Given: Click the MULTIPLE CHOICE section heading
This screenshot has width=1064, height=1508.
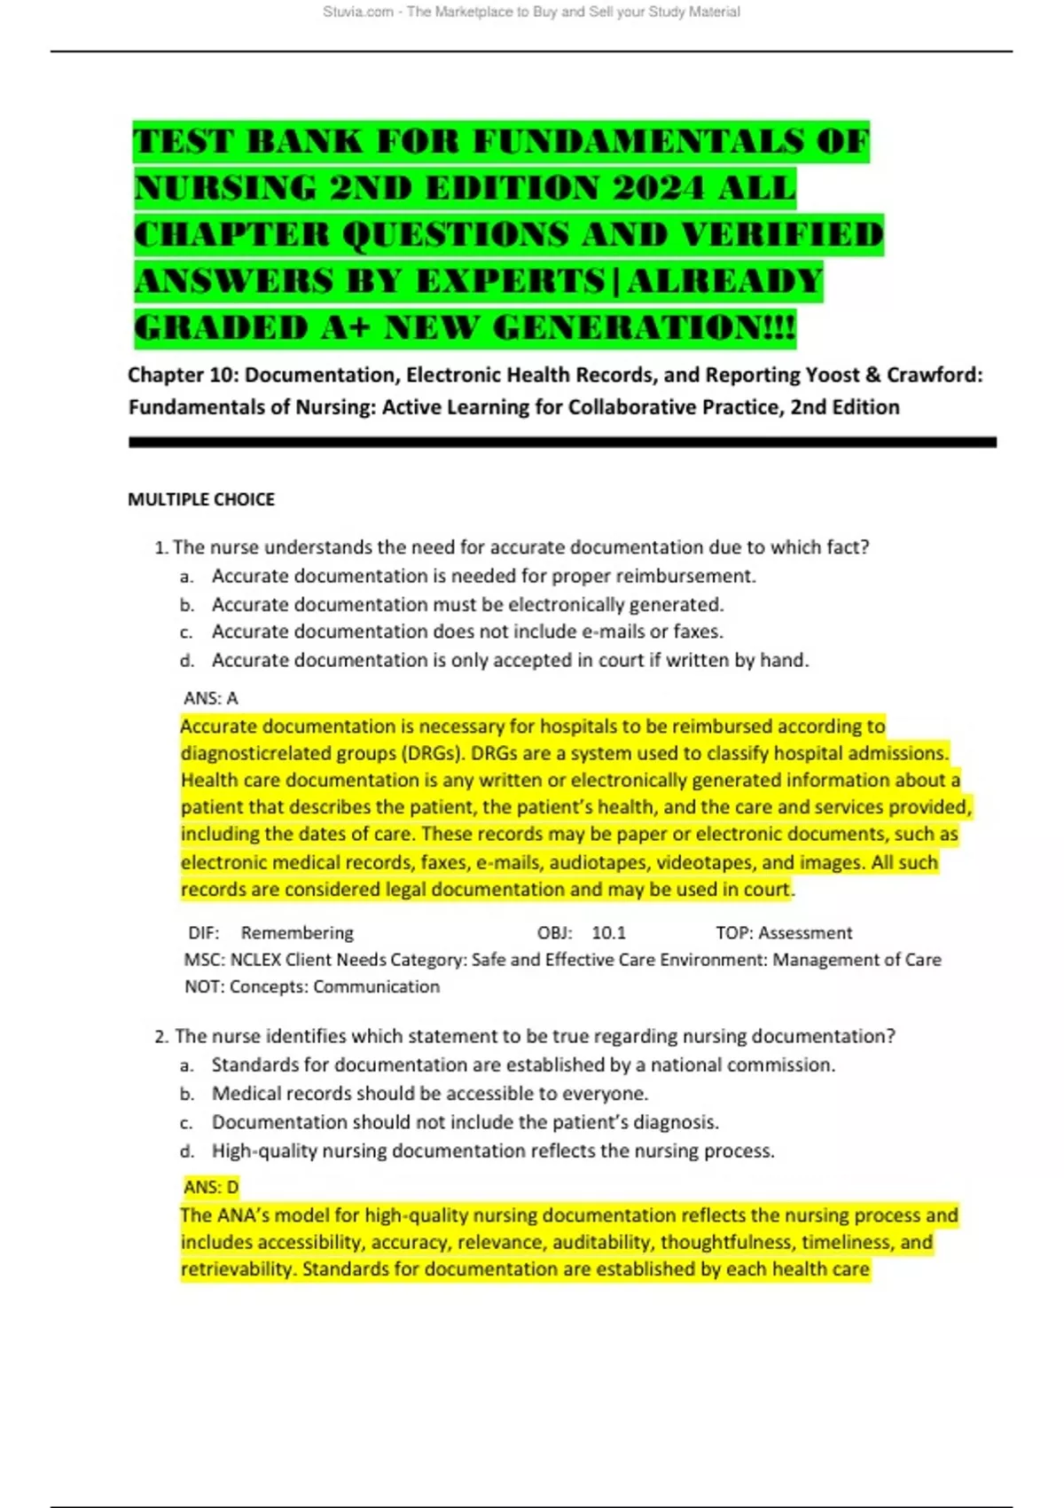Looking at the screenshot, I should point(201,499).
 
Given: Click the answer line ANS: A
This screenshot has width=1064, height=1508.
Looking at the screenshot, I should point(211,698).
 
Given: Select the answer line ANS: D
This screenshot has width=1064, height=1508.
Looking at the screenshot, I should point(211,1187).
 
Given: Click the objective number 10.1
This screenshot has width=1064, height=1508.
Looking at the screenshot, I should point(608,933).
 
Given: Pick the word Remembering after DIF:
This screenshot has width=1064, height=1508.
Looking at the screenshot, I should point(297,933).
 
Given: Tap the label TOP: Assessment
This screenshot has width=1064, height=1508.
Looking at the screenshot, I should point(784,933).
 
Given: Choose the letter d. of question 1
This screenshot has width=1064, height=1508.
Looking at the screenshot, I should point(186,661).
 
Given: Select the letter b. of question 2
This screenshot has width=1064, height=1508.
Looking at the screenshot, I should point(186,1095).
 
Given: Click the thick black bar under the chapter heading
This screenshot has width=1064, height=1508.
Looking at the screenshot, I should point(562,442).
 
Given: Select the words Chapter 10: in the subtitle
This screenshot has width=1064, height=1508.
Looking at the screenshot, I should point(183,375).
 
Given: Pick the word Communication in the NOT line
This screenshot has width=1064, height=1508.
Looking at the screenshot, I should point(376,986).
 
